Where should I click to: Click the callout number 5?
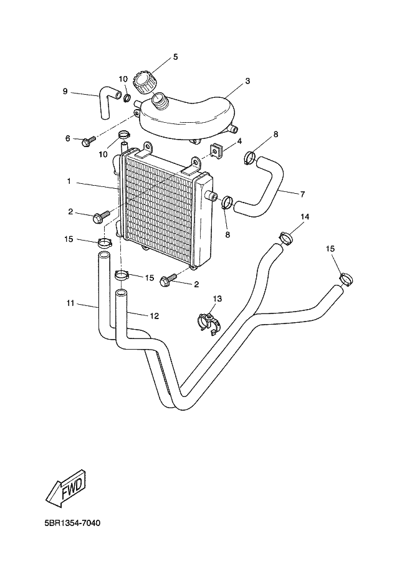coord(175,57)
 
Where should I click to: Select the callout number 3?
coord(247,81)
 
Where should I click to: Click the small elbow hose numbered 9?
coord(106,102)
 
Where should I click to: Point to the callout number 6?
coord(68,138)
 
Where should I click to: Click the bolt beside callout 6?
coord(87,141)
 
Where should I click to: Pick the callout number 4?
coord(239,141)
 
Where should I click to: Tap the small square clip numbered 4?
coord(218,150)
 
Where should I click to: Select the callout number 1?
coord(69,183)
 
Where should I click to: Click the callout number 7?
coord(302,194)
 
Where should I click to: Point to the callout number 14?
coord(305,217)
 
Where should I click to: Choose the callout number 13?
coord(217,299)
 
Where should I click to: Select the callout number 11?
coord(70,304)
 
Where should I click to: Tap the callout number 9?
coord(65,92)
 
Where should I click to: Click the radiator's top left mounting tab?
coord(148,147)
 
